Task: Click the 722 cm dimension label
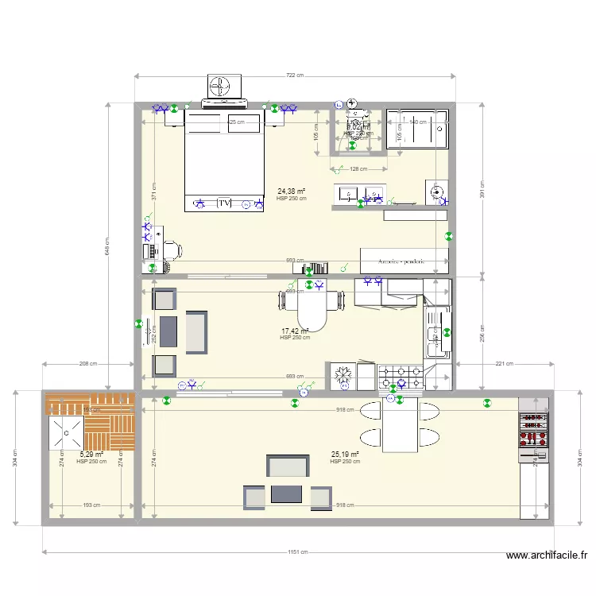(295, 75)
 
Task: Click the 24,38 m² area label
(292, 191)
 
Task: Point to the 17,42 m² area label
(295, 331)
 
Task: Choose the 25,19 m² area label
(345, 455)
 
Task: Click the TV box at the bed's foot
(225, 203)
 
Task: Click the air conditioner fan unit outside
(223, 86)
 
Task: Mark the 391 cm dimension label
(482, 190)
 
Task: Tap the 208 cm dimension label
(88, 363)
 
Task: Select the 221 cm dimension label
(503, 363)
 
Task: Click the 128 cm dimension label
(358, 168)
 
